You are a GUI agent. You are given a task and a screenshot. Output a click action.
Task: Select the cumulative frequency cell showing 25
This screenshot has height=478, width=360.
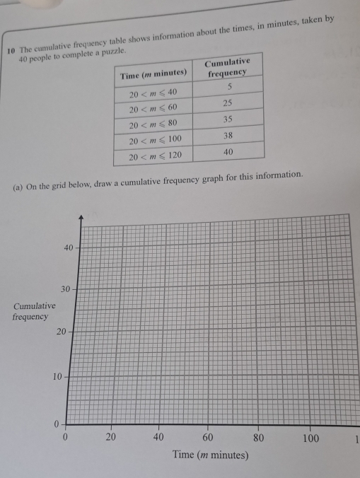[x=227, y=103]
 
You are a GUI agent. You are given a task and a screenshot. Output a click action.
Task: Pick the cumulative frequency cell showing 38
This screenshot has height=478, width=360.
[x=227, y=134]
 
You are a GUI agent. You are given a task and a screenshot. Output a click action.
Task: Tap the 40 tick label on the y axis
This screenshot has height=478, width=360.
[x=68, y=247]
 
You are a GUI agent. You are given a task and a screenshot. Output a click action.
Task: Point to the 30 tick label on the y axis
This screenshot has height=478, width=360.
[x=65, y=289]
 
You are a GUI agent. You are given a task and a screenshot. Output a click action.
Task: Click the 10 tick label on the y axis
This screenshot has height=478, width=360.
[x=59, y=375]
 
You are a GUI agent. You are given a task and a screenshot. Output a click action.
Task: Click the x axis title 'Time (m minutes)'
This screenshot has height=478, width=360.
[x=210, y=455]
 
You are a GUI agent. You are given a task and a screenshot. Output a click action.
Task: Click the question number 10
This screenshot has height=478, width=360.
[x=11, y=50]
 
